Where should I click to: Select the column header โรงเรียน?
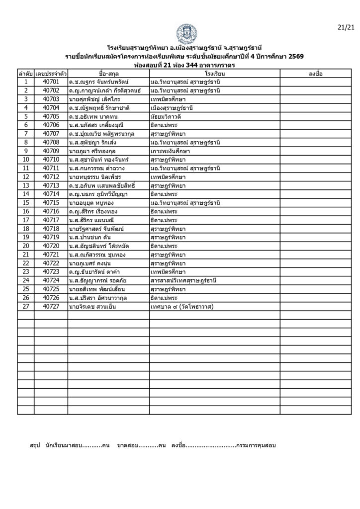214,74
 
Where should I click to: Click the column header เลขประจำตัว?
51,74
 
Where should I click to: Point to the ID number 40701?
51,82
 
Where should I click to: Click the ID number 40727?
51,307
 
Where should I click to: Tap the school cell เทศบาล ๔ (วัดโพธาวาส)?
181,307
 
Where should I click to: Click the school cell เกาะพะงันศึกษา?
171,151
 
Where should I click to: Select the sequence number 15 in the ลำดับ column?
25,203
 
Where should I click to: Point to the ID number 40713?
51,185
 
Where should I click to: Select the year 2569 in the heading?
294,56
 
